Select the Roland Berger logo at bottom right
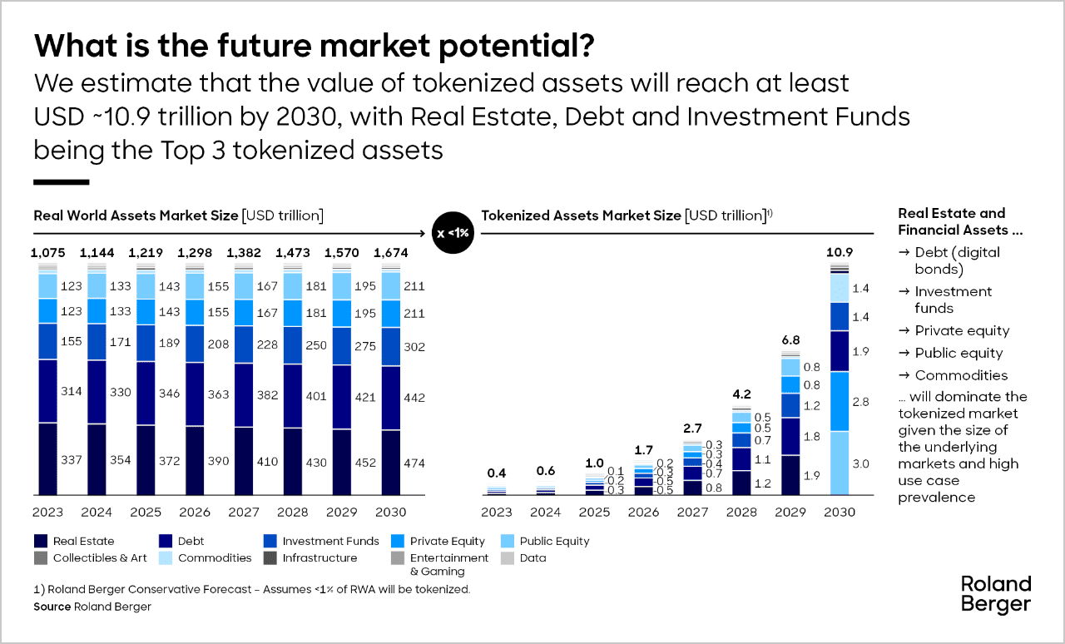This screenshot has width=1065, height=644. [995, 593]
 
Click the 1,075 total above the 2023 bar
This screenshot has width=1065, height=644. [47, 251]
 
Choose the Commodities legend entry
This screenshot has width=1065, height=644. [205, 557]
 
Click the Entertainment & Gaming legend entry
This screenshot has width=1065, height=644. [438, 563]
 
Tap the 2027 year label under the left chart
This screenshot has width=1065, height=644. [244, 512]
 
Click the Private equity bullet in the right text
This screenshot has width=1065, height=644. [954, 330]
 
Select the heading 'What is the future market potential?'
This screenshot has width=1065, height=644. [314, 47]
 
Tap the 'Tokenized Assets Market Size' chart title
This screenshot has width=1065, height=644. [581, 215]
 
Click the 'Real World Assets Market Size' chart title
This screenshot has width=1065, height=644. [136, 215]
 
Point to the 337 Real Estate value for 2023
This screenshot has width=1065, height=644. [72, 458]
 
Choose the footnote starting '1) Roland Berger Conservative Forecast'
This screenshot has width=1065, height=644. [252, 589]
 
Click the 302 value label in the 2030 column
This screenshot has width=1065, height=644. [414, 346]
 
